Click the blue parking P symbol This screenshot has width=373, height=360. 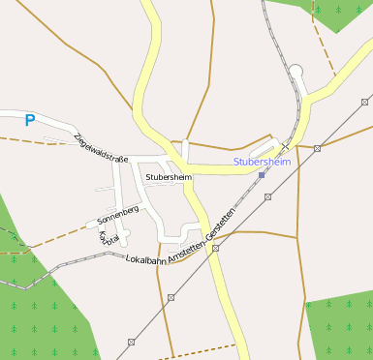pyautogui.click(x=29, y=120)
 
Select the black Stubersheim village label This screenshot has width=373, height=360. pyautogui.click(x=168, y=177)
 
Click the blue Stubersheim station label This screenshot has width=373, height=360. pyautogui.click(x=261, y=162)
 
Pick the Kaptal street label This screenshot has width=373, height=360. pyautogui.click(x=109, y=236)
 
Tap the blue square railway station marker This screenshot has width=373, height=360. pyautogui.click(x=262, y=174)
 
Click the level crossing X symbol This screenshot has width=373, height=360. pyautogui.click(x=285, y=144)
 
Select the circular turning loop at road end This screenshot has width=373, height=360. pyautogui.click(x=296, y=70)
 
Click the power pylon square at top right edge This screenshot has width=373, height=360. pyautogui.click(x=365, y=102)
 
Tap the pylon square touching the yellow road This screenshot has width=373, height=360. pyautogui.click(x=215, y=248)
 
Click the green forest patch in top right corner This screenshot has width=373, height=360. pyautogui.click(x=334, y=12)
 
